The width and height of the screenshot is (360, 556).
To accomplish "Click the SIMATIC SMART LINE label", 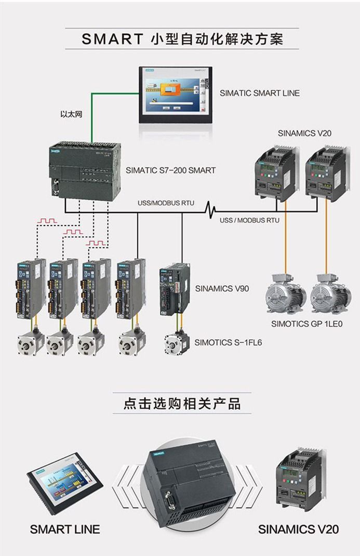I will click(x=259, y=93).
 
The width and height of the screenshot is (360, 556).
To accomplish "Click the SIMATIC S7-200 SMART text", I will click(x=170, y=170).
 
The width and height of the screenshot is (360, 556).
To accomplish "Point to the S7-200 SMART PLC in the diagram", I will click(x=85, y=169).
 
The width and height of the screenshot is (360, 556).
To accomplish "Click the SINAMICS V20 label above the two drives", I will click(x=304, y=133).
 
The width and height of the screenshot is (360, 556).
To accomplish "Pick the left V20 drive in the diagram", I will click(x=275, y=173).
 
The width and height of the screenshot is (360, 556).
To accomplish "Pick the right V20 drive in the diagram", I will click(x=325, y=173).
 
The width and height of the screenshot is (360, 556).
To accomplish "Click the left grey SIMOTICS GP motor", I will click(x=285, y=296).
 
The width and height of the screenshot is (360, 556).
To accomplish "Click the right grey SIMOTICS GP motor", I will click(x=329, y=296).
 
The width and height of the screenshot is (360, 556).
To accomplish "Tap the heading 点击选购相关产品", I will click(x=182, y=404).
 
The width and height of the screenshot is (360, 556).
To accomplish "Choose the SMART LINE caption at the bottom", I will click(x=64, y=529).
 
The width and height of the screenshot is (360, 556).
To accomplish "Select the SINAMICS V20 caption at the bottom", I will click(x=298, y=529).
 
